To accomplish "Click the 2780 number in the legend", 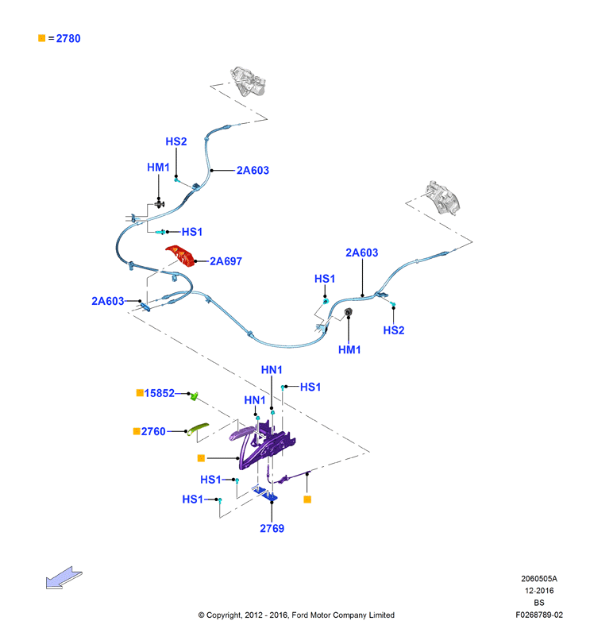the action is (x=68, y=39).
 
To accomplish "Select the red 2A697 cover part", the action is (x=180, y=256).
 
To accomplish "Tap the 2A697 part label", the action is (x=226, y=261).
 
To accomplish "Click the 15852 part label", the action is (x=160, y=393).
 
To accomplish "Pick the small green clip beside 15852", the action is (x=194, y=396).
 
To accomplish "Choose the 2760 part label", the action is (x=153, y=432).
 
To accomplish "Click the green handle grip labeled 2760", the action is (x=198, y=429).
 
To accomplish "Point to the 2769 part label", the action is (x=272, y=529).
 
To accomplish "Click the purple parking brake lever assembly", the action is (x=263, y=445).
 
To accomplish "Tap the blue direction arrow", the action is (x=64, y=577).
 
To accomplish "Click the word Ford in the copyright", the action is (x=299, y=615).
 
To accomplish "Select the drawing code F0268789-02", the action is (x=539, y=615).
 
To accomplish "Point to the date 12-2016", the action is (x=539, y=591).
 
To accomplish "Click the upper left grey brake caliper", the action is (x=248, y=81).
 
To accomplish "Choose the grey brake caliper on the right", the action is (x=442, y=198).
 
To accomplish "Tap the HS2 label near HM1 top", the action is (x=176, y=141).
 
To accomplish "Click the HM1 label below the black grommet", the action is (x=349, y=350).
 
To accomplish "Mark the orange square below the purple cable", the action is (x=307, y=499).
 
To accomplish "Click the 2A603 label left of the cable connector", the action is (x=107, y=302).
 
